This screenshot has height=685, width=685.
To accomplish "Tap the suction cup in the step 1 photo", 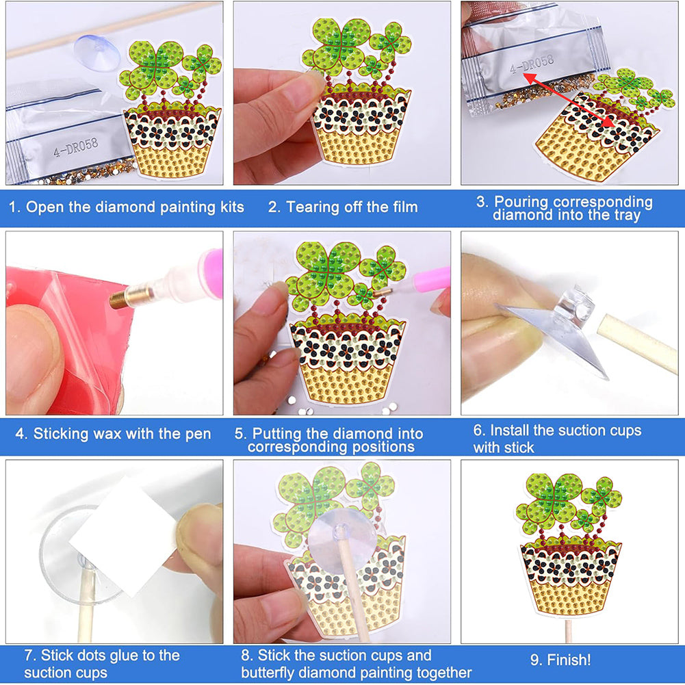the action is pyautogui.click(x=96, y=52).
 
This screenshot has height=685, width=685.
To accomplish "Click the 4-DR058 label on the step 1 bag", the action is pyautogui.click(x=75, y=146).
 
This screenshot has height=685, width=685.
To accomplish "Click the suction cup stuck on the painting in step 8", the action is pyautogui.click(x=342, y=540).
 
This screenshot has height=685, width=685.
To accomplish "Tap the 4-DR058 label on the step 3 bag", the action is pyautogui.click(x=532, y=64).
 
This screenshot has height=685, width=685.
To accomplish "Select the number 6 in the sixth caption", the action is pyautogui.click(x=478, y=430).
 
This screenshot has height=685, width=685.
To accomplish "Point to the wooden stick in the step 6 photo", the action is pyautogui.click(x=637, y=343).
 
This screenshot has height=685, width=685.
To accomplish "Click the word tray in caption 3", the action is pyautogui.click(x=627, y=216).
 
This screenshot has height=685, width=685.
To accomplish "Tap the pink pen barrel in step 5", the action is pyautogui.click(x=432, y=280).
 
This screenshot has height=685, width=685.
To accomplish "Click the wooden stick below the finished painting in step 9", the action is pyautogui.click(x=569, y=628).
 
